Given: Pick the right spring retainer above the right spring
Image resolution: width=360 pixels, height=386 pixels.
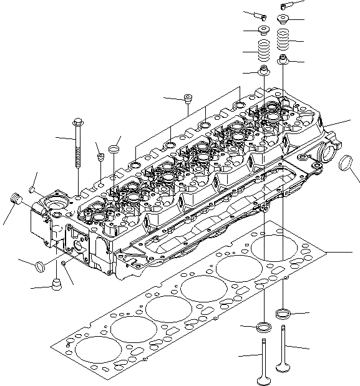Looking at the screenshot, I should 284,19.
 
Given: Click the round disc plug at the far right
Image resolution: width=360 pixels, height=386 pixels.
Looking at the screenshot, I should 345,169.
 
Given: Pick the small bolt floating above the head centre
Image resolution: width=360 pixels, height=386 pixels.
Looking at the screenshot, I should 187,97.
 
